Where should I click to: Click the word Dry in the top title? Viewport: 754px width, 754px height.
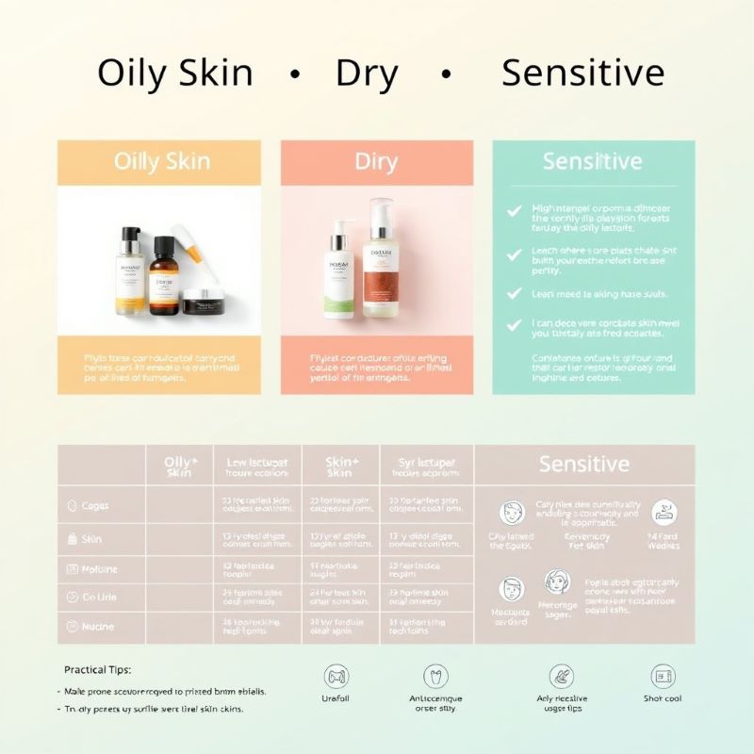[368, 74]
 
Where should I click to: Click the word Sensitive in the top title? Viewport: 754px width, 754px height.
[582, 74]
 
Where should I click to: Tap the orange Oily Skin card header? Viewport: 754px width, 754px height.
[159, 161]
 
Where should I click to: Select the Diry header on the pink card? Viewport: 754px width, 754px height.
[376, 161]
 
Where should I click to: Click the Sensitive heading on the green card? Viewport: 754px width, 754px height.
[593, 161]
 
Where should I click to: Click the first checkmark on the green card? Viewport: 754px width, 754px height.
[514, 213]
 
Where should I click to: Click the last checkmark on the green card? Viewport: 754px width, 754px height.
[514, 324]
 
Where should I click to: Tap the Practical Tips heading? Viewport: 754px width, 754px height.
[98, 669]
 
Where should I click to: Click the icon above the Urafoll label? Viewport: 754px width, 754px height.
[336, 676]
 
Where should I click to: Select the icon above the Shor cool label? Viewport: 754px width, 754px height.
[663, 676]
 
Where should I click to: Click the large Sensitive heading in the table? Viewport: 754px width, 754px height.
[583, 464]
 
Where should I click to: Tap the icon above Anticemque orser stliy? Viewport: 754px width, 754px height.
[435, 676]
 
